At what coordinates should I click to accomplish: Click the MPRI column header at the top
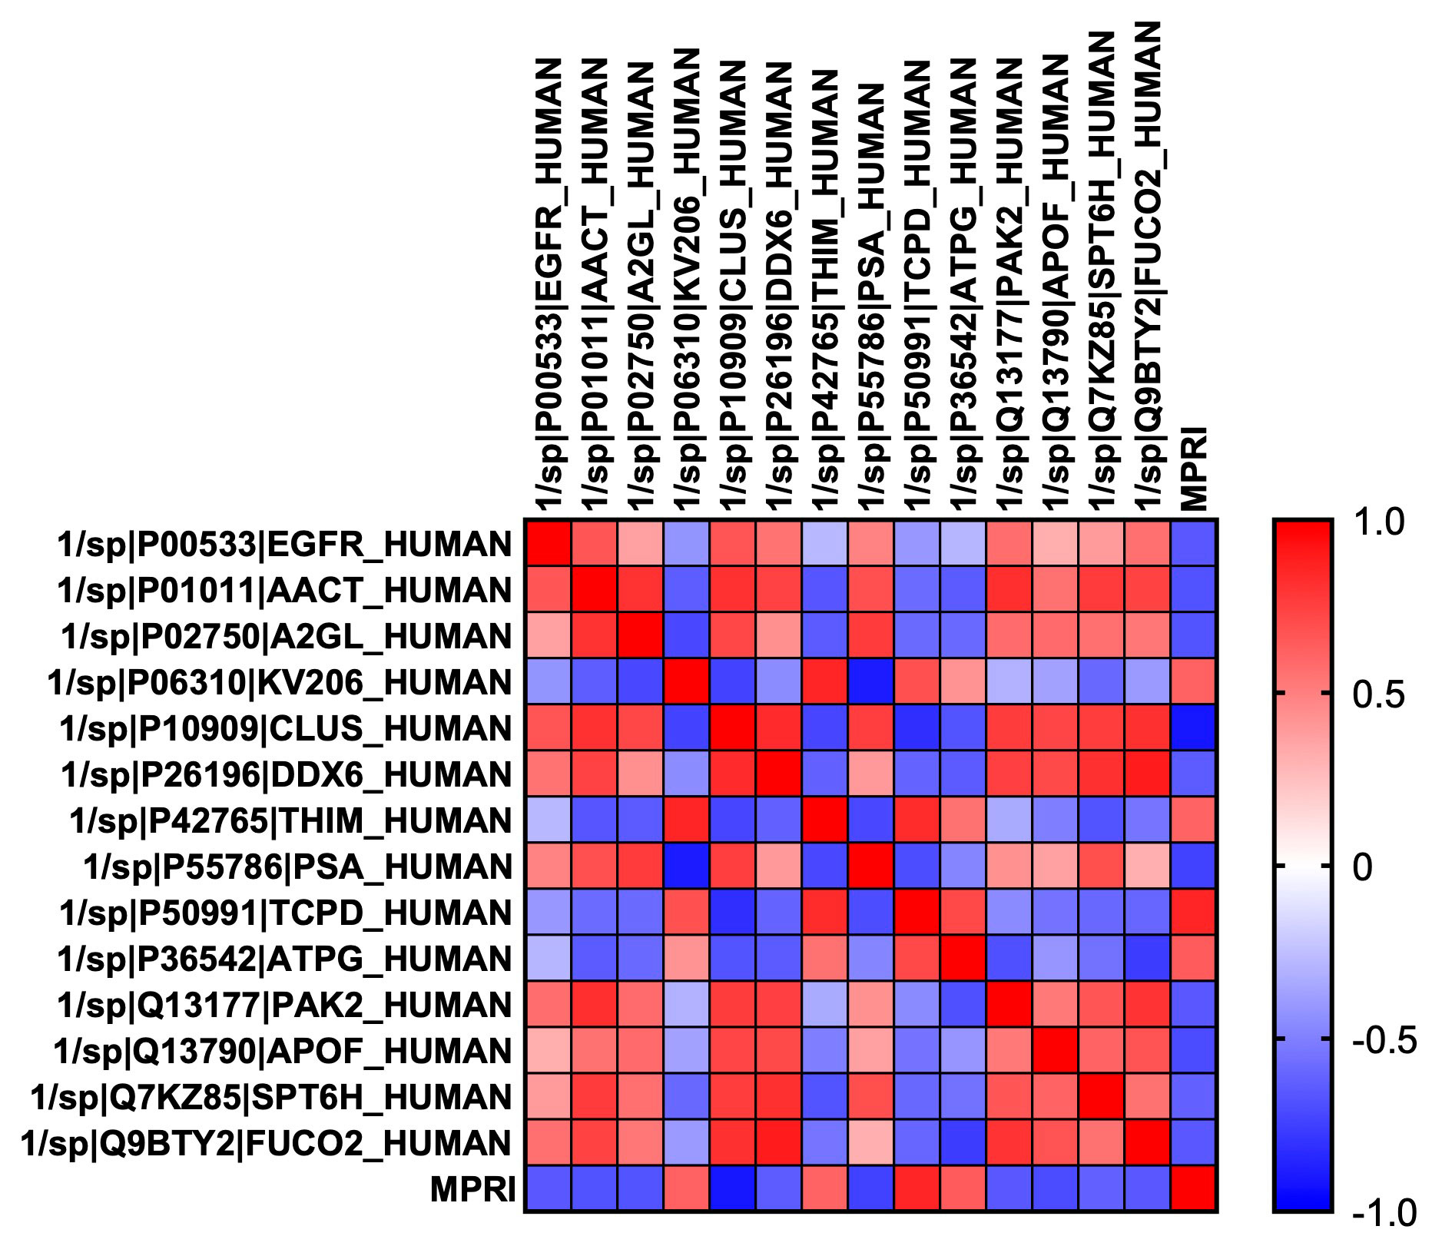pos(1195,469)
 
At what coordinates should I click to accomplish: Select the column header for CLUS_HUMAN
pos(733,284)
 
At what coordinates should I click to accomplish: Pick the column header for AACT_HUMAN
pos(595,284)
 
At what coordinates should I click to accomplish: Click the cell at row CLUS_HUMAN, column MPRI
pos(1194,728)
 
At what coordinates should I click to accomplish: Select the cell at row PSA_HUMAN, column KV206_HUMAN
pos(687,867)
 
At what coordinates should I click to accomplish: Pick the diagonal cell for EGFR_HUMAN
pos(548,544)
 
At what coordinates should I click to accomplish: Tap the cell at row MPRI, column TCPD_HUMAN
pos(917,1189)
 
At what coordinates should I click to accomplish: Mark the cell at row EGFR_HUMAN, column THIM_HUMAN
pos(825,544)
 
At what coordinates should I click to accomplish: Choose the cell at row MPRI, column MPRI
pos(1194,1189)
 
